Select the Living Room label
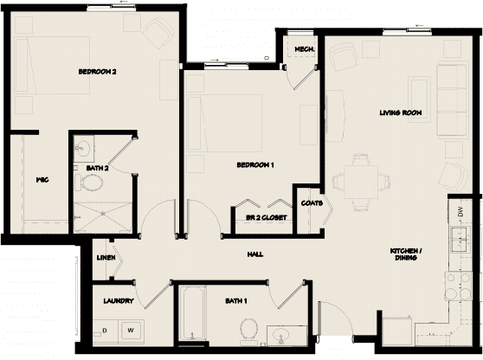coord(399,112)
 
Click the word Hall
coord(254,254)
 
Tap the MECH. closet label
coord(303,49)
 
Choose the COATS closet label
coord(312,203)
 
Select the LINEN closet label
coord(107,257)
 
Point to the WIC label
coord(40,181)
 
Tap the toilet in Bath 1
coord(250,329)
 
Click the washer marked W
coord(132,330)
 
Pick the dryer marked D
coord(105,330)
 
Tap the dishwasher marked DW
coord(461,210)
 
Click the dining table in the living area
coord(357,180)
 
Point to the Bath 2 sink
coord(83,146)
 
